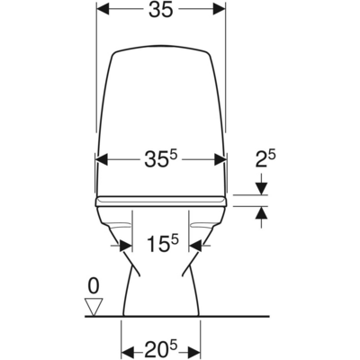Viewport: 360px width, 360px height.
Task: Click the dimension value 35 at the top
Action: (161, 11)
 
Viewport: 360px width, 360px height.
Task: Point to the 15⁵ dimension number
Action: (163, 243)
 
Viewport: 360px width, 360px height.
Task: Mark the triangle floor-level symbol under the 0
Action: (91, 306)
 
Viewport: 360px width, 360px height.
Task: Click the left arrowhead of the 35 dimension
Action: (103, 12)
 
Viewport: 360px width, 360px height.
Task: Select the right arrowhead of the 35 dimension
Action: (220, 12)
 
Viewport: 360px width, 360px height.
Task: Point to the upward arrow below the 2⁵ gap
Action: (262, 212)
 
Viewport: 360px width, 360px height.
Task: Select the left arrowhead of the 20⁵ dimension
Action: (127, 346)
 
